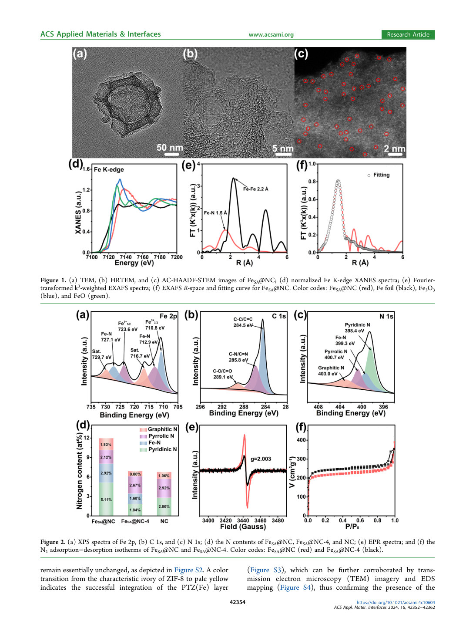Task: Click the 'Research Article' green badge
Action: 408,34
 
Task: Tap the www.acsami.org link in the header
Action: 271,34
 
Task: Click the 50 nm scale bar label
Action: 170,148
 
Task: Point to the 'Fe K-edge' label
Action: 109,169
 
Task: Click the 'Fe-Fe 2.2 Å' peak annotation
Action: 255,189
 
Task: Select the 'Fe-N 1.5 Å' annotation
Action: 215,213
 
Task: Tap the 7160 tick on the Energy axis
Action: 143,257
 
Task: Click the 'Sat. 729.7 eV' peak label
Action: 101,354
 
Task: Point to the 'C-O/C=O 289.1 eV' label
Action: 223,374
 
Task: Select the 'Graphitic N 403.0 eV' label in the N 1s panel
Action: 331,371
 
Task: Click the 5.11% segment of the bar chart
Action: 106,500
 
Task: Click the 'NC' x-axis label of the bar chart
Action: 164,521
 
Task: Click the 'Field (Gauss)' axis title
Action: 243,527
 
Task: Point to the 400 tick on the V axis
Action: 302,440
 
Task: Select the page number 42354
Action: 238,602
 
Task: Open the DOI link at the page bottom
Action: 396,602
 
